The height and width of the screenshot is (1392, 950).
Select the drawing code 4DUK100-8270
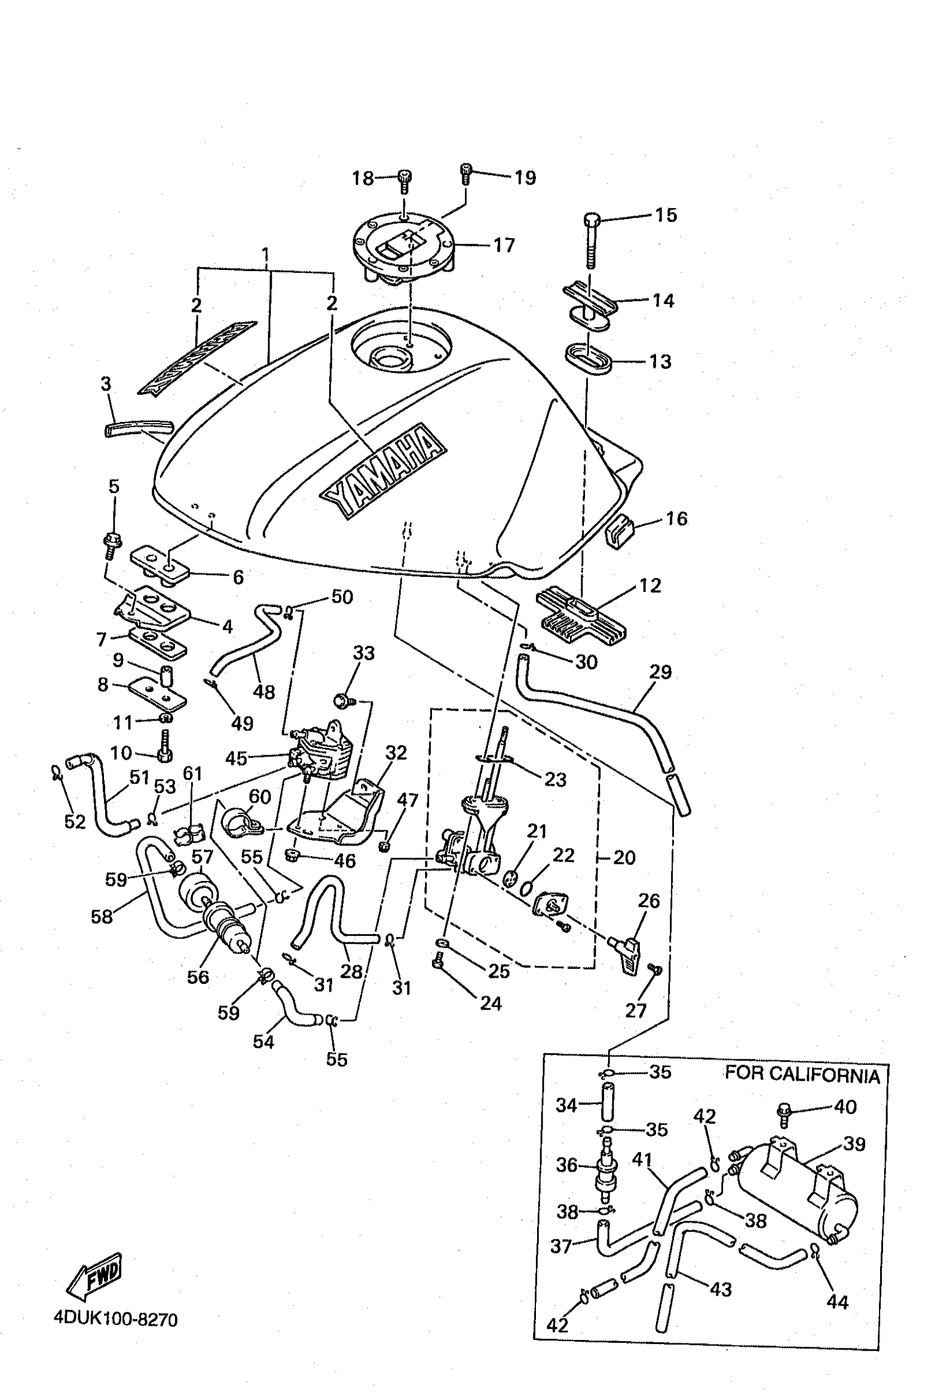(x=116, y=1319)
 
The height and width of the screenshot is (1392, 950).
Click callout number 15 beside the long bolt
(x=666, y=215)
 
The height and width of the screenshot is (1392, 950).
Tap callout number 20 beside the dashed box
(x=624, y=857)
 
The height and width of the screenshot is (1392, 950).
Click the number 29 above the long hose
(x=661, y=671)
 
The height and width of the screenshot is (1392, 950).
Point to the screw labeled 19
(x=465, y=174)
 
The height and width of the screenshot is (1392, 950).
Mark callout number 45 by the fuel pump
(x=236, y=758)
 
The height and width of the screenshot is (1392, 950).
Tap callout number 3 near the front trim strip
(x=106, y=384)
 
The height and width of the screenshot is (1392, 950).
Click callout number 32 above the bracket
(x=396, y=752)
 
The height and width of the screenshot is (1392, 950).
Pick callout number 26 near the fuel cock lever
(x=648, y=900)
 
